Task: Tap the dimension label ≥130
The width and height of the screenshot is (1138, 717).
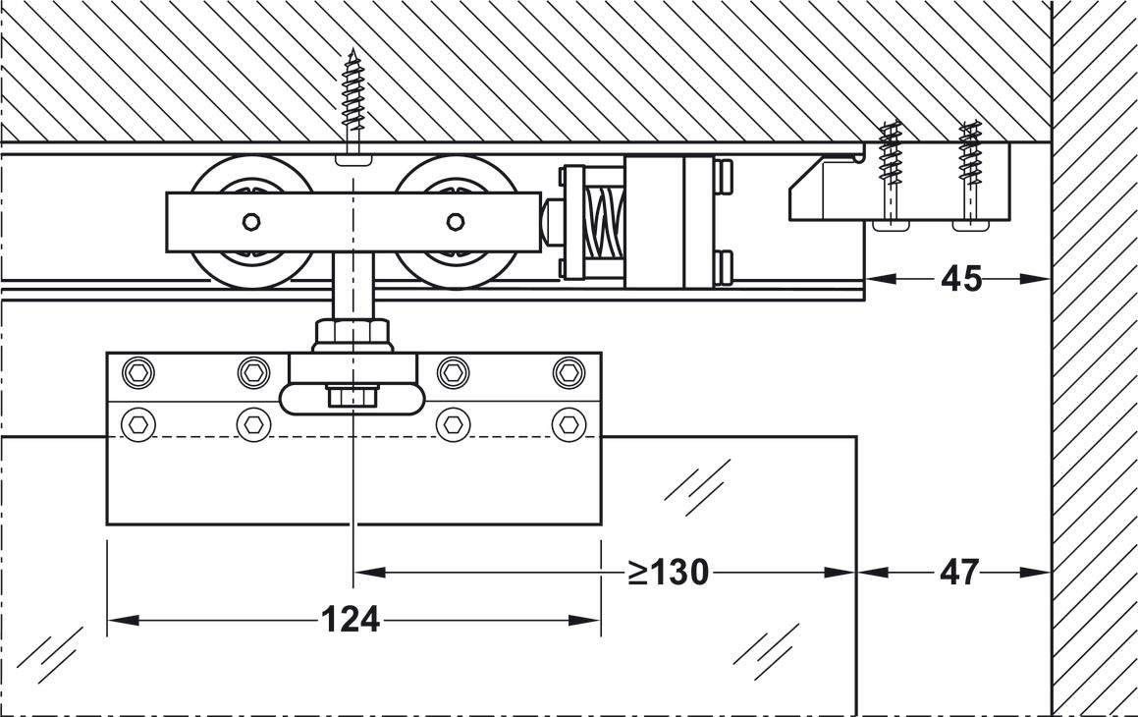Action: coord(669,573)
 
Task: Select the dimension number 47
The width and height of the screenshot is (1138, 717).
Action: coord(959,573)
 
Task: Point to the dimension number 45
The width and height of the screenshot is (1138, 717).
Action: coord(961,279)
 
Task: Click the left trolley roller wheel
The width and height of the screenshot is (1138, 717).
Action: coord(251,221)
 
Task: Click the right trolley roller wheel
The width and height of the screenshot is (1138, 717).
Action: coord(456,221)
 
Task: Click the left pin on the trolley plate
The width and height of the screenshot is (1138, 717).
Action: coord(251,221)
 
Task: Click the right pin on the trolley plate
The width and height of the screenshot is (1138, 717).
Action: coord(456,221)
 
